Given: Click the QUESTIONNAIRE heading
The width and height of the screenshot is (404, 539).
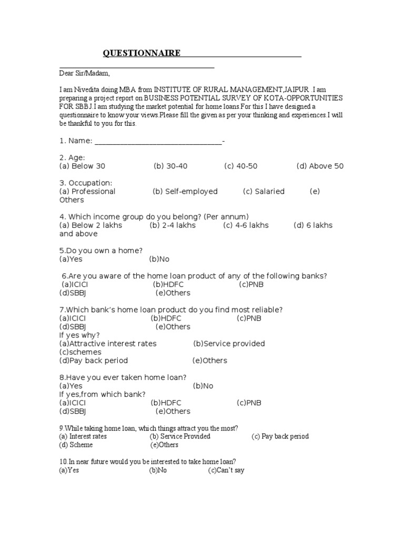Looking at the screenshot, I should [x=142, y=53].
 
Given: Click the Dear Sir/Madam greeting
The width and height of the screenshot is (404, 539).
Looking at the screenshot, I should [x=84, y=73].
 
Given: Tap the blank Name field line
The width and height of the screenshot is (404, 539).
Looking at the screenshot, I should [x=158, y=141].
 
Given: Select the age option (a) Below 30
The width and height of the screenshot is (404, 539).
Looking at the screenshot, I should [x=83, y=166].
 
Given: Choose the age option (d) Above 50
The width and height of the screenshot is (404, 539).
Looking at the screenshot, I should [x=320, y=166].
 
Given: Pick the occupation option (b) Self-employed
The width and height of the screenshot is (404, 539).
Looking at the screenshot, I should [x=185, y=192].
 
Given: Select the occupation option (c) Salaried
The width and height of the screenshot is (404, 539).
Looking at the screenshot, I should [x=264, y=192].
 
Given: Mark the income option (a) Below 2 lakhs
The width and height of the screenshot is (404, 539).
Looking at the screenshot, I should [x=90, y=225].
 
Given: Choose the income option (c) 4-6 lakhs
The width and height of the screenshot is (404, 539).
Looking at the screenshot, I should [x=246, y=225].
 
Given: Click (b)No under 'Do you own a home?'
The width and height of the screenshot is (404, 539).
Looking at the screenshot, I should [x=159, y=259].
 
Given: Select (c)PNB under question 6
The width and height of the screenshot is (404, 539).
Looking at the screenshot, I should [x=251, y=284].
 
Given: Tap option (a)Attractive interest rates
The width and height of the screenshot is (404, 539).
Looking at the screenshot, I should [x=108, y=344].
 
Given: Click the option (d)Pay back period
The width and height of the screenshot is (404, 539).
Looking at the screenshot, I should [x=94, y=361].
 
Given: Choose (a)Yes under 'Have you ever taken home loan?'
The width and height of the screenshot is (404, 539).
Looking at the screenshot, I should [x=71, y=386].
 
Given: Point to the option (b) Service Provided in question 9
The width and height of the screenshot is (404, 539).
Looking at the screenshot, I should [x=180, y=436].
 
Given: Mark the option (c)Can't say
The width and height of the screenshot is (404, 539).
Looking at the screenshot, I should [x=226, y=470].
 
